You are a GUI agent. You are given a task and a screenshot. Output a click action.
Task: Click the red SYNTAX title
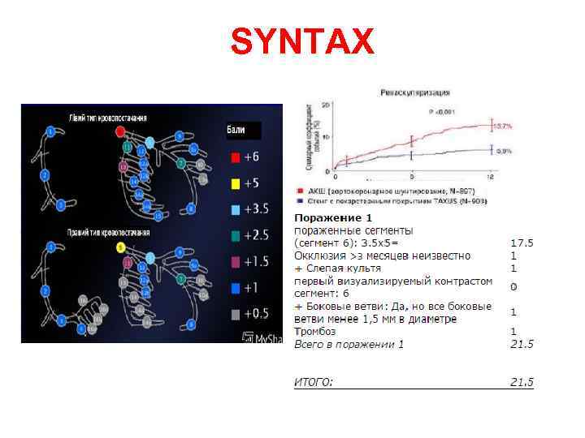[x=302, y=41]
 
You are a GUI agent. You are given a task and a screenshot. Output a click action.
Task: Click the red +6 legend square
[x=235, y=157]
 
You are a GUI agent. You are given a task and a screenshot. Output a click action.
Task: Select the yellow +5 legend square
[x=235, y=183]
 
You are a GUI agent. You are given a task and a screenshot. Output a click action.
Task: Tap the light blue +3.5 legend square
[x=235, y=209]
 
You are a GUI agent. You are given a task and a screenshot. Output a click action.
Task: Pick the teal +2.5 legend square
[x=235, y=235]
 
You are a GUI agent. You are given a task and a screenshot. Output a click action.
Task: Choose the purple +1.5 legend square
[x=235, y=261]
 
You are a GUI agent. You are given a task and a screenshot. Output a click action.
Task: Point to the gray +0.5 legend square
[x=235, y=314]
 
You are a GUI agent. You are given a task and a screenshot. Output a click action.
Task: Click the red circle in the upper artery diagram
[x=120, y=130]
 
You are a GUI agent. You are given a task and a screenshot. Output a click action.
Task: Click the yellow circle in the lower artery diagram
[x=119, y=247]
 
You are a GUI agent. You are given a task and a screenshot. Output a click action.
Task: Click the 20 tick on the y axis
[x=325, y=105]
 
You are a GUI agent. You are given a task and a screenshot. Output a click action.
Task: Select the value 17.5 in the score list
[x=521, y=243]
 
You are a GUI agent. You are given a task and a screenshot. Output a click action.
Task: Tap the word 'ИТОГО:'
[x=314, y=381]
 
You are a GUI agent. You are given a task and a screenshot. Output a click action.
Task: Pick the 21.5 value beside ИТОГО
[x=521, y=381]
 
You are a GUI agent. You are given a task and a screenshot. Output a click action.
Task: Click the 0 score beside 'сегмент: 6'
[x=513, y=286]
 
